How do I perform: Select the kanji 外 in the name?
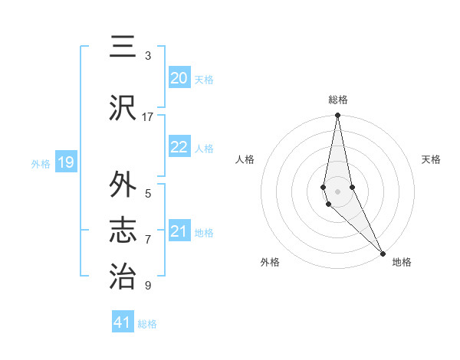pos(123,186)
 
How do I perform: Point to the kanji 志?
pos(123,231)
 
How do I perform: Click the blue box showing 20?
pos(179,78)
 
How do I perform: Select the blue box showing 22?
pos(179,148)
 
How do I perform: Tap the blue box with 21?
pos(179,232)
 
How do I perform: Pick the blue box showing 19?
pos(66,162)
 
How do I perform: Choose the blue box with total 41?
pos(123,322)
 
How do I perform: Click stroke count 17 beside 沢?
pos(148,116)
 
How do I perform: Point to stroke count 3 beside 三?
pos(148,56)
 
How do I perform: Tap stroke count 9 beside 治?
pos(148,286)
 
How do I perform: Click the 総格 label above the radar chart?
pos(338,100)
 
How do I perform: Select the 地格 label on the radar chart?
pos(402,263)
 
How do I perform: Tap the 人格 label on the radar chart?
pos(245,159)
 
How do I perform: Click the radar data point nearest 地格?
pos(383,252)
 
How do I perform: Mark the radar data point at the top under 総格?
pos(337,116)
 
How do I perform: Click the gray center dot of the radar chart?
pos(337,191)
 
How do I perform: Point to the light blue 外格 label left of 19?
pos(40,163)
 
